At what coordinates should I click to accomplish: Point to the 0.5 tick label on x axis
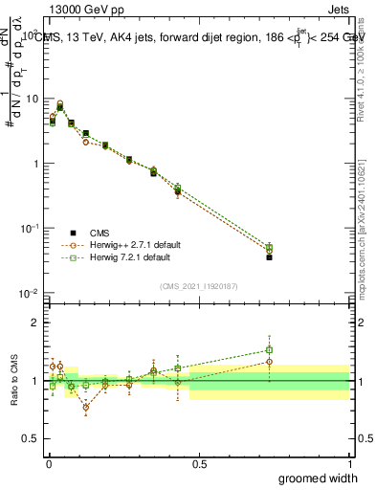[199, 464]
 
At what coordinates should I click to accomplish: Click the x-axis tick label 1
[350, 464]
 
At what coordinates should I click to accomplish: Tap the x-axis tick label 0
[48, 464]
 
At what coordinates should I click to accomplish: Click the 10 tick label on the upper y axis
[33, 99]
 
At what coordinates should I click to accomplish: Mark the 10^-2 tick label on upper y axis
[31, 293]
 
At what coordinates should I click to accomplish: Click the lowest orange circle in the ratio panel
[86, 407]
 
